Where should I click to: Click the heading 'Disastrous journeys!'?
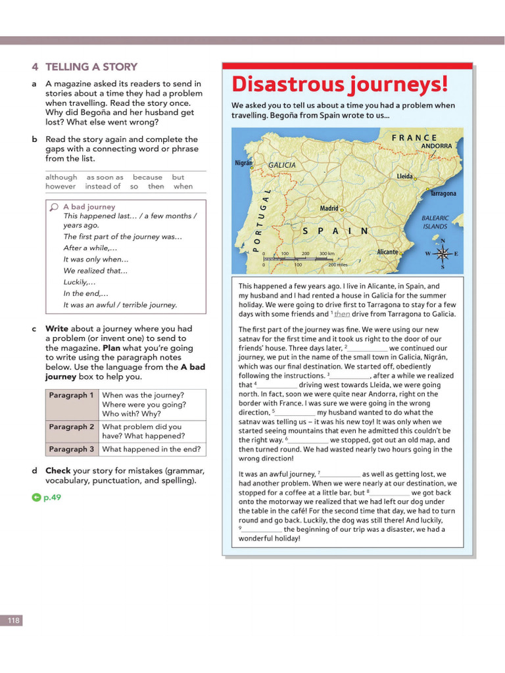(339, 84)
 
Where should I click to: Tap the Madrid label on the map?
(329, 208)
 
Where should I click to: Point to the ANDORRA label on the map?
(436, 146)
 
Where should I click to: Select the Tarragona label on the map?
(443, 193)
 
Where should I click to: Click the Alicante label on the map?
(387, 252)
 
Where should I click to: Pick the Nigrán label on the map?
(243, 163)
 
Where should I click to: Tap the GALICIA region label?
(281, 165)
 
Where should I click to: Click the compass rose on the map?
(443, 253)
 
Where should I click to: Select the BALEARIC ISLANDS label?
(435, 222)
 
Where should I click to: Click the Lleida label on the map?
(404, 176)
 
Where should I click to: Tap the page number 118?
(13, 620)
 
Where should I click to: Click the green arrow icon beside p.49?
(36, 498)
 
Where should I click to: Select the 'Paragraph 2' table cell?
(72, 427)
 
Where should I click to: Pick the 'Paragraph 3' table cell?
(72, 449)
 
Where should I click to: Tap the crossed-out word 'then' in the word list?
(156, 186)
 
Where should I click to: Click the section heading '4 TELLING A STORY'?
(84, 66)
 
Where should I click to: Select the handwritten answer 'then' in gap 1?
(342, 314)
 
